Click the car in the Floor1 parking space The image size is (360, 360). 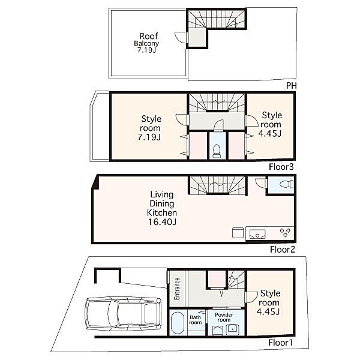coord(123,314)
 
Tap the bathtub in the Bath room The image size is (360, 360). coord(178,323)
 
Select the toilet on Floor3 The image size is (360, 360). coord(217,151)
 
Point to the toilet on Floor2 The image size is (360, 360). coord(287,184)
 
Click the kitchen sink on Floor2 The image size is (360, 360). coord(257,234)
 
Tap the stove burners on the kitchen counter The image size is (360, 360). coord(285,232)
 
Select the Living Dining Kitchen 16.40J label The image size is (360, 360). coord(162,208)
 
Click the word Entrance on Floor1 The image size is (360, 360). coord(177,289)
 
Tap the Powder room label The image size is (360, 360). coord(224,317)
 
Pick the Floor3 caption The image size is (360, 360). coord(281,167)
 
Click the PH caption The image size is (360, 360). coord(292,86)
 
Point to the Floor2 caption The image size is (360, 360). coord(283,250)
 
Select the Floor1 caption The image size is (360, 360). coord(280,343)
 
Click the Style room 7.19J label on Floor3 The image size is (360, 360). coord(150,128)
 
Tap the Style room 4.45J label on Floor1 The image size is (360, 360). coord(269,302)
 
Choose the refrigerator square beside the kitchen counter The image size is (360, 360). coord(238,233)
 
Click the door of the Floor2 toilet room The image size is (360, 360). coord(261,183)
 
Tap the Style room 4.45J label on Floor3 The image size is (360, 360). coord(271,124)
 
